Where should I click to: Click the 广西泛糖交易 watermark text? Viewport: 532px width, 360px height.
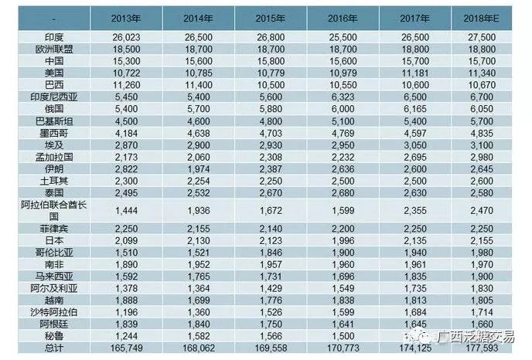tap(473, 335)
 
